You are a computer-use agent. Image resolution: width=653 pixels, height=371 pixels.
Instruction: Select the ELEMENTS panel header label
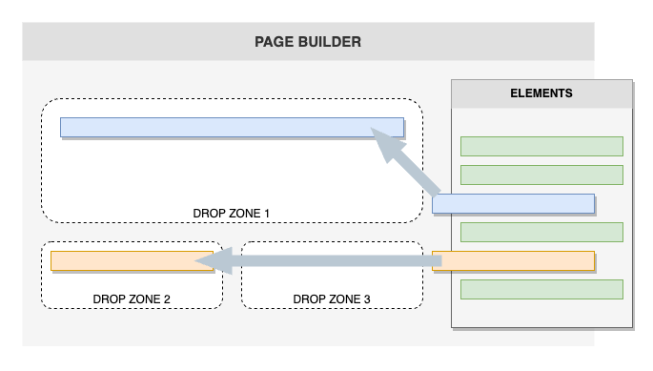point(541,93)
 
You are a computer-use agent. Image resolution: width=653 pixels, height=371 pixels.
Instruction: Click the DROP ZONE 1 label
point(232,212)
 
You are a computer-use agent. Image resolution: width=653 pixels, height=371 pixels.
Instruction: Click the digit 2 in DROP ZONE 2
point(167,299)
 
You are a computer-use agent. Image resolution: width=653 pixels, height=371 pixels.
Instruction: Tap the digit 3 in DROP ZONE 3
point(367,299)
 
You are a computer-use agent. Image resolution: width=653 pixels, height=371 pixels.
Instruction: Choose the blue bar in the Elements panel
point(513,203)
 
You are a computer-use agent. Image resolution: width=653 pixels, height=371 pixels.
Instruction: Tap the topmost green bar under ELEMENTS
point(541,146)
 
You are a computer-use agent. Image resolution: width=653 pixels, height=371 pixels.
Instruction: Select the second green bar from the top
point(541,175)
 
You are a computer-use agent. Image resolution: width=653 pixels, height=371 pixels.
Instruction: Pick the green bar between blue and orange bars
point(541,232)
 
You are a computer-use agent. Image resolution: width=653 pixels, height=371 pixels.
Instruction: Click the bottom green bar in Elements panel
point(541,289)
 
